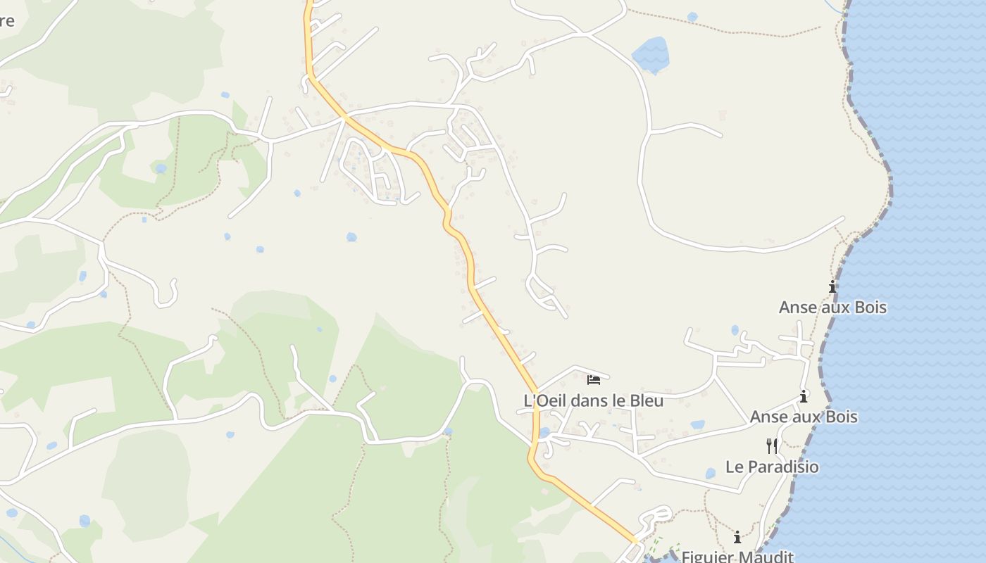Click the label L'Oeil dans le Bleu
coord(593,400)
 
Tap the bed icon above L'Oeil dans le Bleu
coord(594,379)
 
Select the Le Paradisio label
coord(772,467)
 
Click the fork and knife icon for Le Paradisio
coord(772,445)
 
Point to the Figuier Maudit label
coord(737,557)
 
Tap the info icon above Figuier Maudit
coord(737,538)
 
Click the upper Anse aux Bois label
coord(832,308)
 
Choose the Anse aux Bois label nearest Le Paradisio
coord(804,417)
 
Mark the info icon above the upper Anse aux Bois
coord(832,286)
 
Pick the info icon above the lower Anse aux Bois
coord(804,396)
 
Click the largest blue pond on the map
coord(651,55)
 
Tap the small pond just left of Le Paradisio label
coord(710,473)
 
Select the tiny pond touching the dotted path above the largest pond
coord(692,16)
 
